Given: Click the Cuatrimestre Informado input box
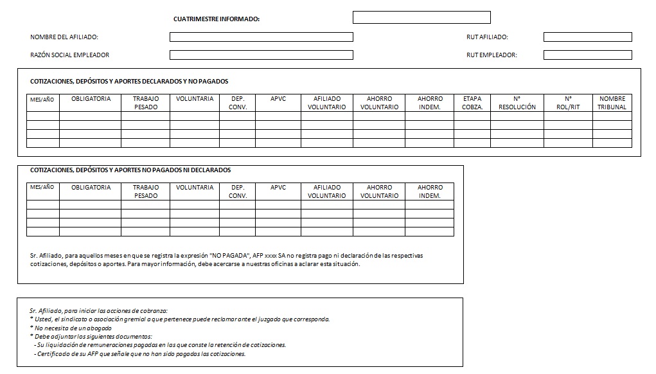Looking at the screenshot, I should click(x=421, y=17).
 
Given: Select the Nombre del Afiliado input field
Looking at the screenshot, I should click(x=261, y=37).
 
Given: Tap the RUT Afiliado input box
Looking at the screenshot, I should click(x=587, y=37).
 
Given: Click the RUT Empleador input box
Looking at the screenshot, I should click(x=587, y=55).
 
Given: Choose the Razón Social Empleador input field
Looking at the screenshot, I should click(x=261, y=55).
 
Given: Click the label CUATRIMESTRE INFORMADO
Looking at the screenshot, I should click(x=217, y=19).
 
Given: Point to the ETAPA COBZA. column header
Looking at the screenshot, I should click(x=472, y=103).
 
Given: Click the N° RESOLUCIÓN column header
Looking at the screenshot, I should click(x=517, y=103).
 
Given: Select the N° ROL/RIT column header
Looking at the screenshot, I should click(x=568, y=103).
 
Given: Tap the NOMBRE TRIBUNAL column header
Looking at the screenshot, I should click(x=612, y=103).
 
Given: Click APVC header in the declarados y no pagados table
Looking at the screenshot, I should click(x=278, y=99).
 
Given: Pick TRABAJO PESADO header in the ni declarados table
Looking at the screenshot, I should click(x=146, y=191).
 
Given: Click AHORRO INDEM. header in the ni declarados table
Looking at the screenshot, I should click(x=430, y=191).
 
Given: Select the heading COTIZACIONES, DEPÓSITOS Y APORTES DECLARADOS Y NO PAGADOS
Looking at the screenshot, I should click(x=129, y=82).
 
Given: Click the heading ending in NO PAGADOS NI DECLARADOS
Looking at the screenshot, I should click(x=130, y=170).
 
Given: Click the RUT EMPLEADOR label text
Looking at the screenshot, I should click(x=492, y=55).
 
